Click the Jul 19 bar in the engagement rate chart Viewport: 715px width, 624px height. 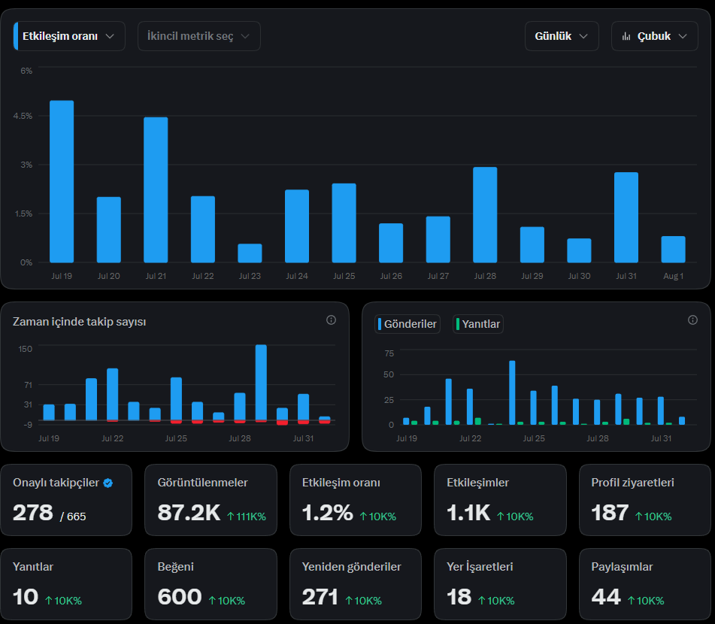point(62,181)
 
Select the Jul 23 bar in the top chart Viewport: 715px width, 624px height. point(250,253)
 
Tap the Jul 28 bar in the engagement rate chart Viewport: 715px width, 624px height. point(485,215)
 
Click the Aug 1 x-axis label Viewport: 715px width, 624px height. point(673,276)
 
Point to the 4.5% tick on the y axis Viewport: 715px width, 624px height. point(23,116)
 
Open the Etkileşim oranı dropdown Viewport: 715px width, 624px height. point(69,36)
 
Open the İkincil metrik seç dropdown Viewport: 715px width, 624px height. point(199,36)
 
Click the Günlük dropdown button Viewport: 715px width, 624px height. point(562,36)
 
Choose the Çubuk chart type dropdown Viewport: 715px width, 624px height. point(654,36)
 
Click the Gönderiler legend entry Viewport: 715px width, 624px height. point(407,324)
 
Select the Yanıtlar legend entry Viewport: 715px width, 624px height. point(478,324)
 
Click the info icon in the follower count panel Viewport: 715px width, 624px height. point(331,320)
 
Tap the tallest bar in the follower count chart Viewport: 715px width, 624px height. point(261,383)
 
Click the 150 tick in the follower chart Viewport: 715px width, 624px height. point(25,349)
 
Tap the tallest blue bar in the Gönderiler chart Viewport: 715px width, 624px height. point(512,392)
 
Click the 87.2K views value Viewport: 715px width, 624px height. point(189,513)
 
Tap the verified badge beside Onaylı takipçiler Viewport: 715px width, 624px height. point(108,483)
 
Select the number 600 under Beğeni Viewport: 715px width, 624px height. point(180,597)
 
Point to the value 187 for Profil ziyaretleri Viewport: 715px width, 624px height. point(610,513)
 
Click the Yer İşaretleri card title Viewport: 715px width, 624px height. point(480,567)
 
